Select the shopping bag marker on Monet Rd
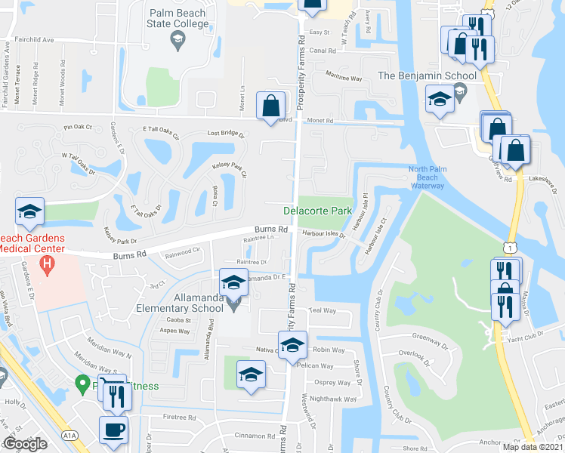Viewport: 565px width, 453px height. click(270, 106)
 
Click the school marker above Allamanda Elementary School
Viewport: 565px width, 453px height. click(233, 283)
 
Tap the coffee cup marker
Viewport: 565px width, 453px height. click(114, 430)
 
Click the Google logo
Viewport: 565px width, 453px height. click(24, 444)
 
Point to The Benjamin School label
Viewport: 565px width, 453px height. click(427, 75)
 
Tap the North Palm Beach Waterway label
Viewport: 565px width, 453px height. click(433, 177)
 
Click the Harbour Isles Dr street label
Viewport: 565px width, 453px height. click(323, 235)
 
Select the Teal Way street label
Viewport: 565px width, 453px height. click(322, 310)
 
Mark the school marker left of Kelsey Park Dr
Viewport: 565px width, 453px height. click(29, 212)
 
